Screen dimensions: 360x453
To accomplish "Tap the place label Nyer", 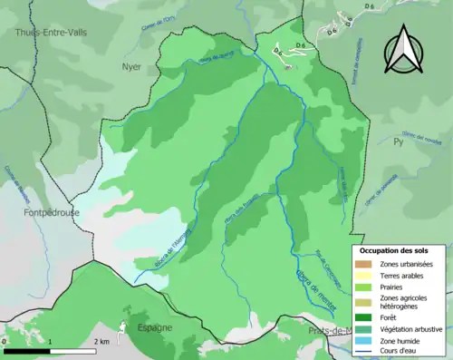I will pos(131,67).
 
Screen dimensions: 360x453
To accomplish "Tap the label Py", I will pos(397,142).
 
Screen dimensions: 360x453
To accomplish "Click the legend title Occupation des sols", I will pos(394,250).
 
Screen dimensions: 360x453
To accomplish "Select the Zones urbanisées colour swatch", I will pos(365,263).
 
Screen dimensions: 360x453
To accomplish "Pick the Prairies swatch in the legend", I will pos(365,287).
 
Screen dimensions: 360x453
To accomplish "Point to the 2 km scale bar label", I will pos(101,342).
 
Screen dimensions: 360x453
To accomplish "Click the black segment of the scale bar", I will pos(27,350).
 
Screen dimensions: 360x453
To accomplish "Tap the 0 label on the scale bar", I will pos(5,342).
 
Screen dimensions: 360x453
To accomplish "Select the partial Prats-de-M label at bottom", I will pos(332,331).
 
